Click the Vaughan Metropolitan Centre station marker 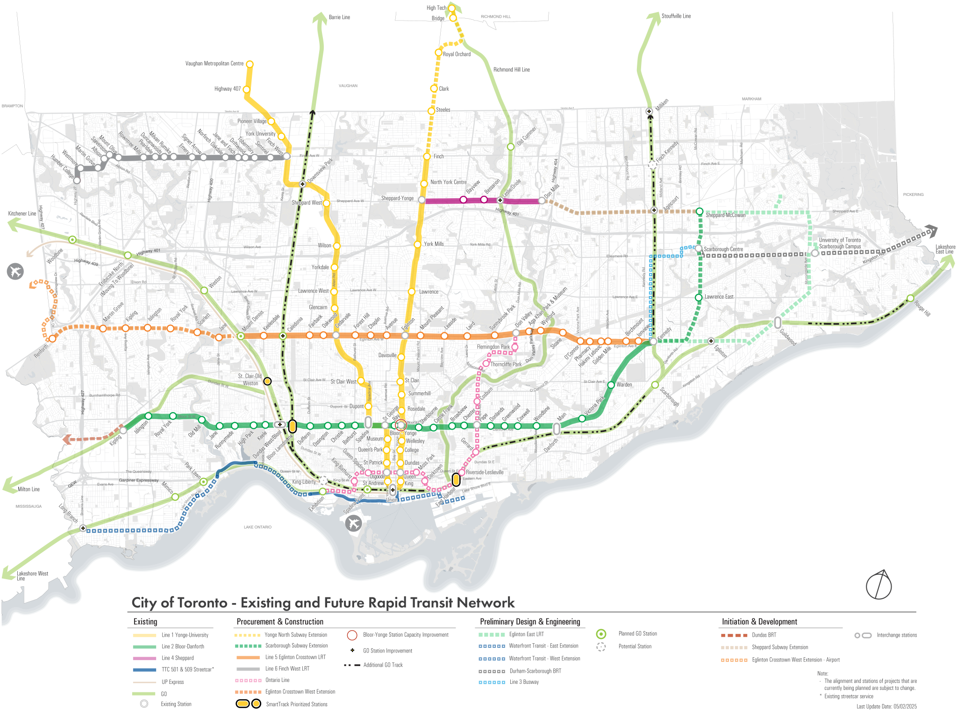tap(250, 64)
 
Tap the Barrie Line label tap(339, 17)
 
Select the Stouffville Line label tap(676, 16)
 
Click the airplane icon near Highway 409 tap(15, 271)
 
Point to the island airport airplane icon tap(354, 523)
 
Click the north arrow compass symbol tap(878, 585)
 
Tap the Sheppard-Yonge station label tap(397, 198)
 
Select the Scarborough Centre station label tap(723, 249)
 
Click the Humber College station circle tap(77, 180)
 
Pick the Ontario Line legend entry tap(277, 680)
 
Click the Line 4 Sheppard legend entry tap(178, 658)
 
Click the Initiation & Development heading tap(759, 622)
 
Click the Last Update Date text tap(886, 706)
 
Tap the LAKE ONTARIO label tap(257, 527)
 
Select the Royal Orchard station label tap(457, 54)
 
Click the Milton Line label tap(29, 489)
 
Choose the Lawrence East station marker tap(698, 297)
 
